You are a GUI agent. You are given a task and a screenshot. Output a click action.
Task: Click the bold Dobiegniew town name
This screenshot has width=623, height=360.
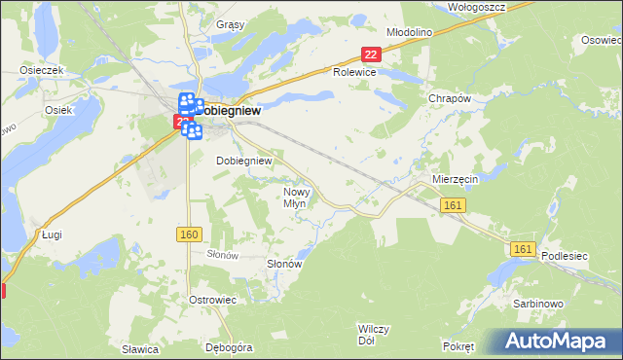pyautogui.click(x=232, y=111)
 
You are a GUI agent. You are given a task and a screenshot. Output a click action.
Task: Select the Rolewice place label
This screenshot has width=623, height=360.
pyautogui.click(x=354, y=72)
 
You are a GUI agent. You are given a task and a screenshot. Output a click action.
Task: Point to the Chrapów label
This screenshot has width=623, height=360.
pyautogui.click(x=450, y=98)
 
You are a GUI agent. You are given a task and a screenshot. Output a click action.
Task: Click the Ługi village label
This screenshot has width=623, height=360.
pyautogui.click(x=52, y=234)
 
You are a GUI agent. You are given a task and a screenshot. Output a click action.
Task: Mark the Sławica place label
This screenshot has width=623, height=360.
pyautogui.click(x=140, y=348)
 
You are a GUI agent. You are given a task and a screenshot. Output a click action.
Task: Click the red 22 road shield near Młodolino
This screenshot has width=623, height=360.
pyautogui.click(x=370, y=55)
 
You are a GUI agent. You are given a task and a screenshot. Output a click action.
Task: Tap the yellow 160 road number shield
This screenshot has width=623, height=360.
pyautogui.click(x=190, y=234)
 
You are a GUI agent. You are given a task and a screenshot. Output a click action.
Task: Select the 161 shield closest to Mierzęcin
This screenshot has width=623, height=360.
pyautogui.click(x=452, y=205)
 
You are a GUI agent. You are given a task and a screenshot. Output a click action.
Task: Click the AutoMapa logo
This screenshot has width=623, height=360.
pyautogui.click(x=556, y=342)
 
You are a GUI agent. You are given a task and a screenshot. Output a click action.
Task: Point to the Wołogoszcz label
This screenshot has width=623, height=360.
pyautogui.click(x=476, y=6)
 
